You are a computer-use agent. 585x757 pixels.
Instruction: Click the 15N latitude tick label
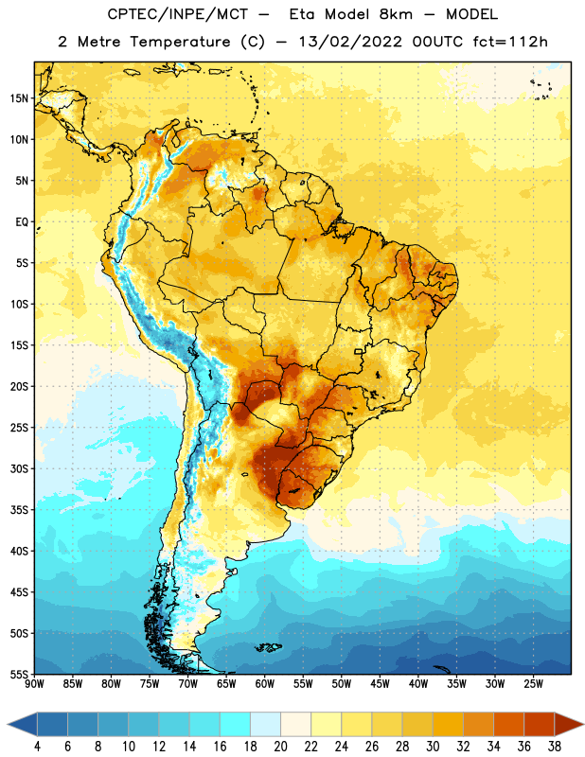19,98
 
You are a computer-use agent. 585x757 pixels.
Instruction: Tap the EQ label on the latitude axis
22,222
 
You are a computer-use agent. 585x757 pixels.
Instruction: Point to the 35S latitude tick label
19,510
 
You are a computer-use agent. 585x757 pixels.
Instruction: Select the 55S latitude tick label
19,674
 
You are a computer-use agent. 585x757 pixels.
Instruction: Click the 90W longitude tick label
34,684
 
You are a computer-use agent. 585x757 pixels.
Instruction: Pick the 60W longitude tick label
265,684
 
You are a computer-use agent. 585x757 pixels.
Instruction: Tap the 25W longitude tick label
533,684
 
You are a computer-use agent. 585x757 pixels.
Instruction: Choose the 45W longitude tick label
380,684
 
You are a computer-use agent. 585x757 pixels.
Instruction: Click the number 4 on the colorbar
37,747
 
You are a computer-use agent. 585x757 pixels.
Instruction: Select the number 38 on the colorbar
555,747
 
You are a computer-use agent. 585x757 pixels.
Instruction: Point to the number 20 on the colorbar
280,747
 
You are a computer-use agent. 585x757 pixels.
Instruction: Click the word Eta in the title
302,14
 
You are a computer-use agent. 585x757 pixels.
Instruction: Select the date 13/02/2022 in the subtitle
350,42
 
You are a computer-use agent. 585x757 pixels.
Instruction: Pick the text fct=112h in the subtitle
510,42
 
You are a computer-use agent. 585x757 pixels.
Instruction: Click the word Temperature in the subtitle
180,42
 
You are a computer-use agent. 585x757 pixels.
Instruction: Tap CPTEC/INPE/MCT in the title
177,14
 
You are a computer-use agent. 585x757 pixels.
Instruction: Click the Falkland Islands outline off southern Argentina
268,647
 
